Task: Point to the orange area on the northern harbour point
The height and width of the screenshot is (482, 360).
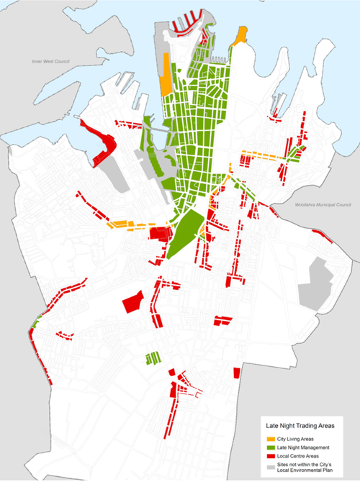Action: coord(240,34)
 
